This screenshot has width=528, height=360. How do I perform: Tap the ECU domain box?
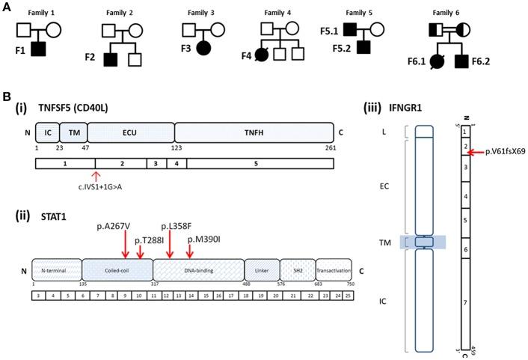click(131, 133)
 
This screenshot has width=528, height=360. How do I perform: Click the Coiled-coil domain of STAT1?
click(117, 270)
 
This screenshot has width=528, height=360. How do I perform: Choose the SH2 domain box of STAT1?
click(296, 270)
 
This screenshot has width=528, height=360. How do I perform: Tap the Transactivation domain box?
click(333, 270)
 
